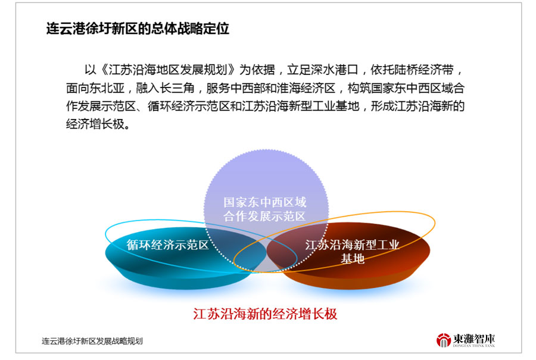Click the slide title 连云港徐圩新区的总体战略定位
138,29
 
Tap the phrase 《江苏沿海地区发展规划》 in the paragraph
168,70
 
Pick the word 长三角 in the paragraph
177,88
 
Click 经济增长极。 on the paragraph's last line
98,124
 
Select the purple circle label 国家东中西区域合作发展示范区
265,209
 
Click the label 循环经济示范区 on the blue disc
167,245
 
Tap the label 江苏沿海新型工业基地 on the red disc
352,252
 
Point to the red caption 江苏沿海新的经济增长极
265,314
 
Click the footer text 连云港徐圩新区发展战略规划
92,341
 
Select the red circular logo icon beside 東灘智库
443,340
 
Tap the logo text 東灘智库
474,339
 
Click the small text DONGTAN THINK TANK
474,346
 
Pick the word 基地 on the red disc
353,259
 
